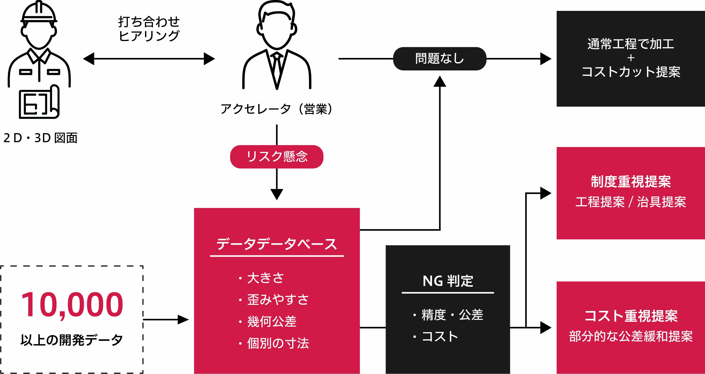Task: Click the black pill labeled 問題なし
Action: pyautogui.click(x=440, y=59)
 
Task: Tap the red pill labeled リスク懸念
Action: pyautogui.click(x=277, y=156)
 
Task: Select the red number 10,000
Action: pyautogui.click(x=72, y=305)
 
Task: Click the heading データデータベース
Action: pyautogui.click(x=277, y=244)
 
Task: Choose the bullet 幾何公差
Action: pyautogui.click(x=271, y=321)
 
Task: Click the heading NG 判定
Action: pyautogui.click(x=448, y=281)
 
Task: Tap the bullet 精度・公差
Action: pyautogui.click(x=452, y=315)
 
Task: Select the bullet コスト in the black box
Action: pyautogui.click(x=440, y=336)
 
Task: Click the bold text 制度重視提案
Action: pyautogui.click(x=631, y=182)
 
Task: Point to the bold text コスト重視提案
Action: pyautogui.click(x=631, y=316)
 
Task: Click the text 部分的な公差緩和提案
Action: pyautogui.click(x=631, y=336)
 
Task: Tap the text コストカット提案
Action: pyautogui.click(x=631, y=72)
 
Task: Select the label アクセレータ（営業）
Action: pyautogui.click(x=277, y=109)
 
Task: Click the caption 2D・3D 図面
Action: pyautogui.click(x=40, y=138)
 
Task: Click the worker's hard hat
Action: pyautogui.click(x=39, y=12)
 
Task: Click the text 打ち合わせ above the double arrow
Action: pyautogui.click(x=149, y=21)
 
